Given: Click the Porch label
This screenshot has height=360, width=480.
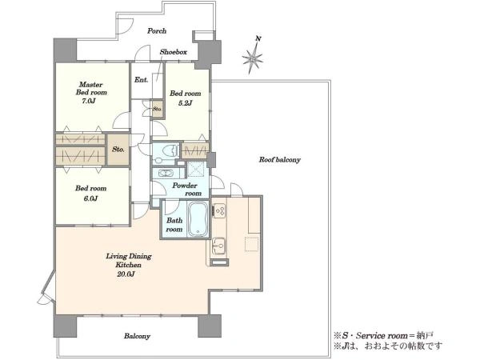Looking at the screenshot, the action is pyautogui.click(x=157, y=31).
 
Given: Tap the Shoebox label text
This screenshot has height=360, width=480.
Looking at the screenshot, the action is pyautogui.click(x=174, y=52).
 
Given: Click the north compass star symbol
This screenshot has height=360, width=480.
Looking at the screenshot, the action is pyautogui.click(x=253, y=57).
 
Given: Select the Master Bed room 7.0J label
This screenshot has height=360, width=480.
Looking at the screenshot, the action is pyautogui.click(x=91, y=93).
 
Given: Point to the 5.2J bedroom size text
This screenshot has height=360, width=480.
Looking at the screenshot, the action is pyautogui.click(x=185, y=103).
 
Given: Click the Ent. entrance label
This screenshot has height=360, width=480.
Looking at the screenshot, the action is pyautogui.click(x=141, y=80).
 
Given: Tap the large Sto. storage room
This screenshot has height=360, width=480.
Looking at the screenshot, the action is pyautogui.click(x=118, y=150).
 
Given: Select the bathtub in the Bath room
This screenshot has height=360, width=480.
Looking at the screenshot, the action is pyautogui.click(x=198, y=219).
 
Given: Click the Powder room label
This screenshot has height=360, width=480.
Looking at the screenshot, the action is pyautogui.click(x=186, y=190).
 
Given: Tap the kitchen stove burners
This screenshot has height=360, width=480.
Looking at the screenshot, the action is pyautogui.click(x=219, y=210).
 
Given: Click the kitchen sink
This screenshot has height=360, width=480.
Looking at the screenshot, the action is pyautogui.click(x=219, y=246).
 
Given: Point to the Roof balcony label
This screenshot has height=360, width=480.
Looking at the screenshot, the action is pyautogui.click(x=280, y=159).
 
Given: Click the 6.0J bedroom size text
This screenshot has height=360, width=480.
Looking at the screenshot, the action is pyautogui.click(x=90, y=198).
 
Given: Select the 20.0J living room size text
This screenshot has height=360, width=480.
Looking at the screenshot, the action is pyautogui.click(x=126, y=274).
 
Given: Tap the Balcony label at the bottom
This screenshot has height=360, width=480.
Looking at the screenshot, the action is pyautogui.click(x=137, y=336).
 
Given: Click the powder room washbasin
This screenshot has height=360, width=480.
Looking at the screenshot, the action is pyautogui.click(x=167, y=174).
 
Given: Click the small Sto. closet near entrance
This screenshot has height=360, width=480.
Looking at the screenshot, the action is pyautogui.click(x=158, y=109).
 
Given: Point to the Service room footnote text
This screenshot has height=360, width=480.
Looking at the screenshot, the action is pyautogui.click(x=383, y=335).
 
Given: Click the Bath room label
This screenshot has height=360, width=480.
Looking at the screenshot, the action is pyautogui.click(x=174, y=225).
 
